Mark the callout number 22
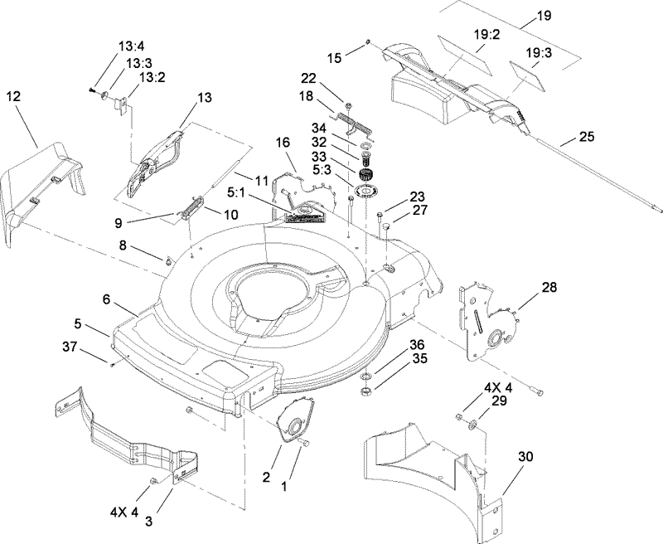308,78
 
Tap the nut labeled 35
365,389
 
